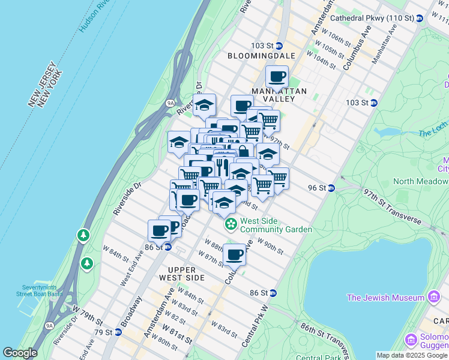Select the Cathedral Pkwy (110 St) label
pos(384,19)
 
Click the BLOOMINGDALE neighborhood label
pos(262,55)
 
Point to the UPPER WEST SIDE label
pos(182,274)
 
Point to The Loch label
pos(430,133)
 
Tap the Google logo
pos(20,353)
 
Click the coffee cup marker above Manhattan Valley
pos(277,77)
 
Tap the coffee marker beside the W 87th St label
pos(235,254)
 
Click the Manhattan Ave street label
pos(384,45)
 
